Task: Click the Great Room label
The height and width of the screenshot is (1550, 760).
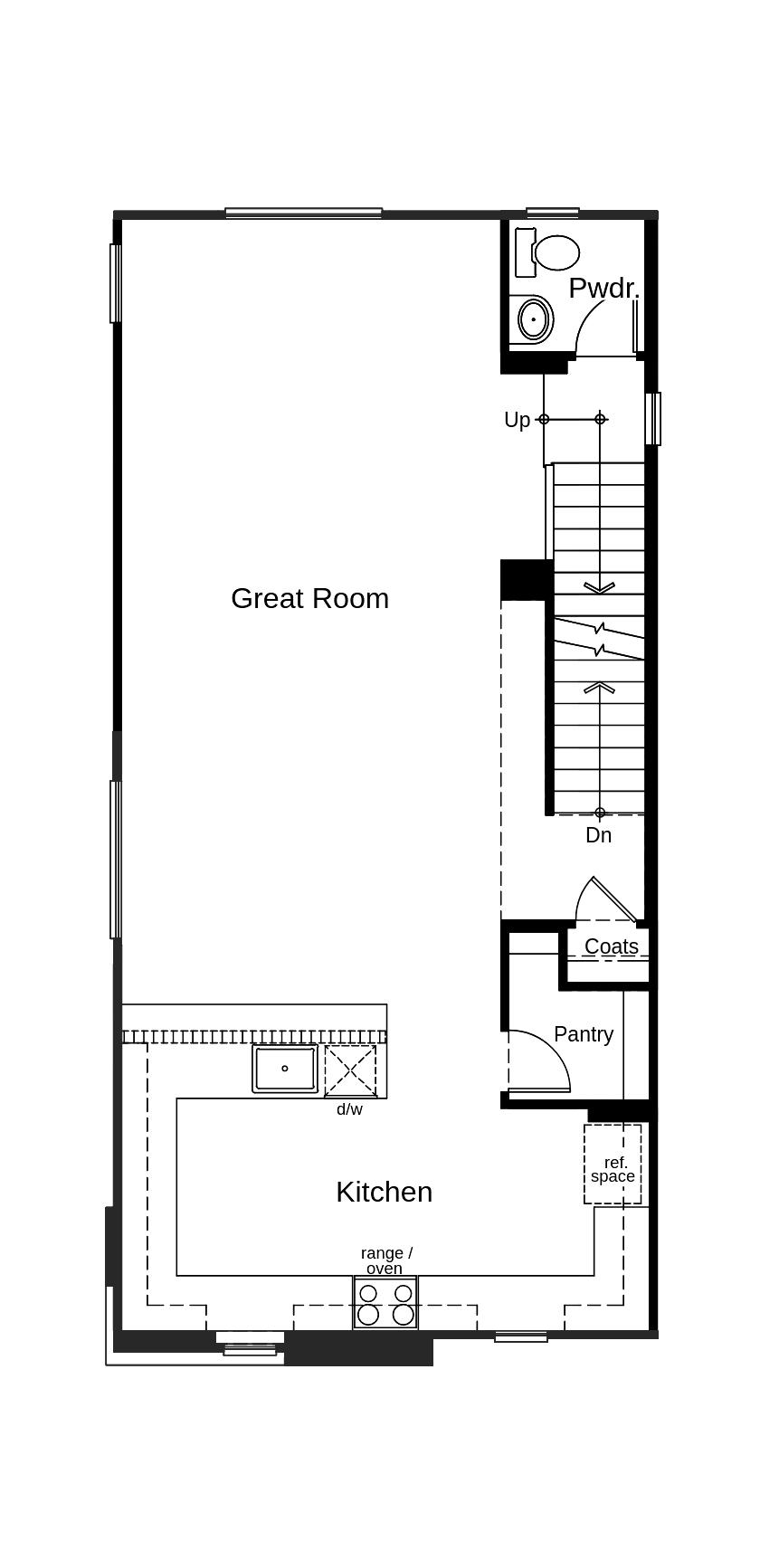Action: [309, 598]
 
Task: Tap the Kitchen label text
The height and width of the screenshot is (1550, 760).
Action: [384, 1192]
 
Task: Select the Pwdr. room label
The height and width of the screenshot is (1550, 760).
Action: [603, 289]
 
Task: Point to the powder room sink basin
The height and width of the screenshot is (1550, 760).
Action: [534, 319]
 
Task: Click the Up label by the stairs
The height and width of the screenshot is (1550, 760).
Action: [517, 420]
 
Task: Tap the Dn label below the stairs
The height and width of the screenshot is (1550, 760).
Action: [598, 835]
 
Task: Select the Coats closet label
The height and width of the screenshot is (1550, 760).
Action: [611, 946]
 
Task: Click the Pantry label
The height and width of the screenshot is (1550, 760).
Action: [584, 1033]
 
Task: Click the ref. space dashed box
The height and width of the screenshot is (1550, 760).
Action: [613, 1165]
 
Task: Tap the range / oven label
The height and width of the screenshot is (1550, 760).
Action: [386, 1260]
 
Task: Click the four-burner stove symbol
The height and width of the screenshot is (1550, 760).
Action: [385, 1303]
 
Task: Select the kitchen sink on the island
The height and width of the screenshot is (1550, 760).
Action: [285, 1069]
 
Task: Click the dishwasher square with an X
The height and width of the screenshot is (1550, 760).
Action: [350, 1070]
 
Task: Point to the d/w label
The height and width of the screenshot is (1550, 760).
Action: [349, 1109]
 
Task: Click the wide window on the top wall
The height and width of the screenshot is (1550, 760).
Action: [303, 214]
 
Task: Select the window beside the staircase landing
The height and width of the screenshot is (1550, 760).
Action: [652, 418]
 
